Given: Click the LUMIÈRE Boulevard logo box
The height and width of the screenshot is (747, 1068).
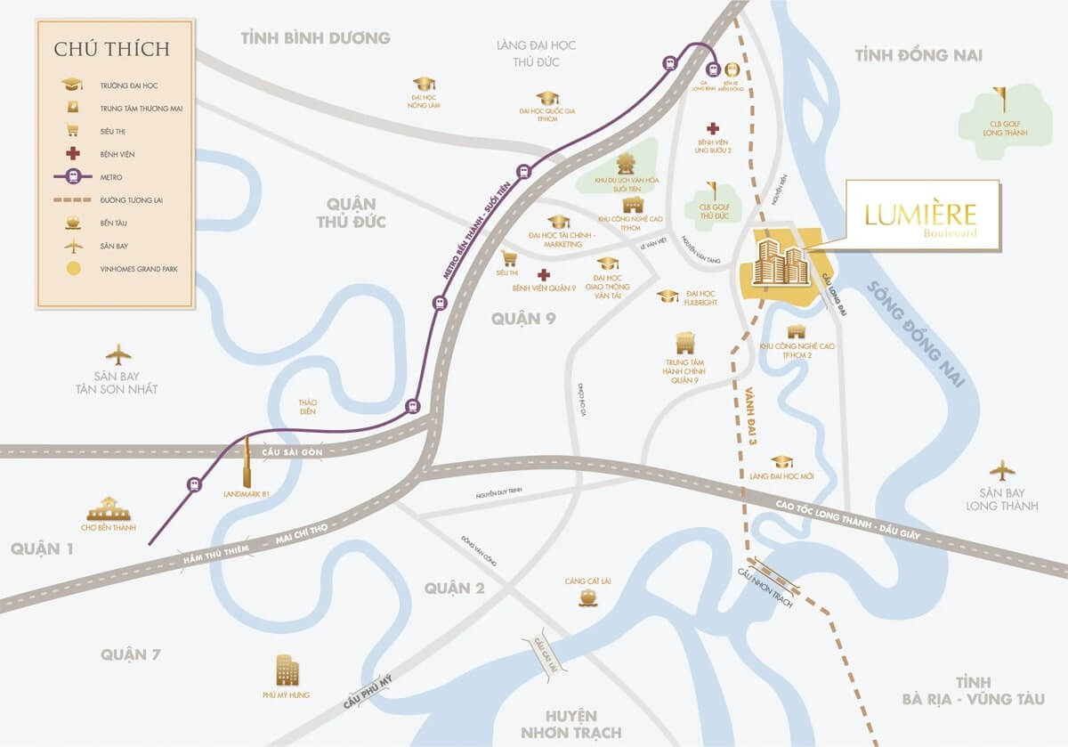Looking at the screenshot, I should click(921, 217).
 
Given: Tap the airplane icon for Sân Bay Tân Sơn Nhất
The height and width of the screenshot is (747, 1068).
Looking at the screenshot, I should click(118, 353).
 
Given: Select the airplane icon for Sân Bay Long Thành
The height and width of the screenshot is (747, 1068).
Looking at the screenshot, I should click(1002, 470).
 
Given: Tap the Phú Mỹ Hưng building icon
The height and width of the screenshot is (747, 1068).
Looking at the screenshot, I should click(287, 670).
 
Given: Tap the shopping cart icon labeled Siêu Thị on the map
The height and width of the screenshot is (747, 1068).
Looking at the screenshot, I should click(510, 258).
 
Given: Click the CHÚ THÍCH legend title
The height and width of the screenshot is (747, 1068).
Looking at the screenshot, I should click(112, 48).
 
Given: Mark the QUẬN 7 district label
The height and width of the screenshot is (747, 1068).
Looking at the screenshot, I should click(131, 654).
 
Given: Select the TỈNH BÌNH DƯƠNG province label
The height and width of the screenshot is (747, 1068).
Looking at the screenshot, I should click(315, 37).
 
